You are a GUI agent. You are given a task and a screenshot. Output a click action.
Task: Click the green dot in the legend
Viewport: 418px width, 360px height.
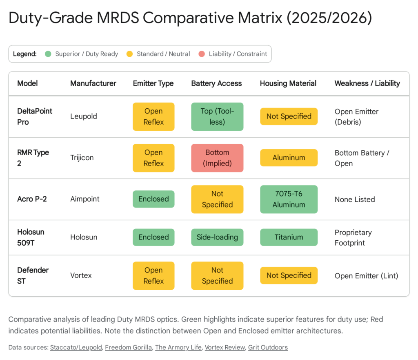pyautogui.click(x=48, y=54)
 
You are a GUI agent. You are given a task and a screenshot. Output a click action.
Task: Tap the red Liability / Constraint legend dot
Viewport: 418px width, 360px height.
pyautogui.click(x=202, y=54)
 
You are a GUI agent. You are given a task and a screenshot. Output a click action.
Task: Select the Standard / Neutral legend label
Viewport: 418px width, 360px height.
pyautogui.click(x=163, y=54)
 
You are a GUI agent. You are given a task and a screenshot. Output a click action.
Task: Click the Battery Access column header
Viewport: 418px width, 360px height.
pyautogui.click(x=216, y=83)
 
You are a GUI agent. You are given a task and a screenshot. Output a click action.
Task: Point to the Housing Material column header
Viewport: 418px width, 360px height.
pyautogui.click(x=288, y=83)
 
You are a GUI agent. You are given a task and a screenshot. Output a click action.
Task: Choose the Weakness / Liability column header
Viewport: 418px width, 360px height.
pyautogui.click(x=367, y=83)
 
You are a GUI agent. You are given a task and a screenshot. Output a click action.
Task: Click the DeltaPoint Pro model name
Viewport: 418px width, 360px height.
pyautogui.click(x=35, y=116)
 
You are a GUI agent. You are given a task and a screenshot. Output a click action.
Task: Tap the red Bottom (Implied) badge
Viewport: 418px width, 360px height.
pyautogui.click(x=217, y=158)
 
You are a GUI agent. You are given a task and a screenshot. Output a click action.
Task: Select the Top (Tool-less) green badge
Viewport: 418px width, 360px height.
pyautogui.click(x=217, y=116)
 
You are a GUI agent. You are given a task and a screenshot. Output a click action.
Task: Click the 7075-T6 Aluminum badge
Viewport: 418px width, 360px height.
pyautogui.click(x=289, y=199)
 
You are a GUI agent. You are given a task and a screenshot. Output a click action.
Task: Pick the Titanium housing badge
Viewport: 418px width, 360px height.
pyautogui.click(x=289, y=237)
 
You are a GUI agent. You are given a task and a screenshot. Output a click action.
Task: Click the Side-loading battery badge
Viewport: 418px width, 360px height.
pyautogui.click(x=217, y=237)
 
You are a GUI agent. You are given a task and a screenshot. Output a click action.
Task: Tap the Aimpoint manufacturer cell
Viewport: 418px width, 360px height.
pyautogui.click(x=84, y=199)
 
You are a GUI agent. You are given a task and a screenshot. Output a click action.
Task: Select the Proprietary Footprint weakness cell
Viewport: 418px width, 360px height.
pyautogui.click(x=353, y=237)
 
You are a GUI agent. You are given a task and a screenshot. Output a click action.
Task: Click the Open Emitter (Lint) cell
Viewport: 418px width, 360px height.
pyautogui.click(x=366, y=275)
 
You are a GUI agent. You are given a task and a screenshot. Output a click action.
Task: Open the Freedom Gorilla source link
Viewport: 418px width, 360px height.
pyautogui.click(x=128, y=347)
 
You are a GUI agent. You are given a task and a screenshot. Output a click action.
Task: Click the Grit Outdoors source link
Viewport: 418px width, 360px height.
pyautogui.click(x=268, y=347)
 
